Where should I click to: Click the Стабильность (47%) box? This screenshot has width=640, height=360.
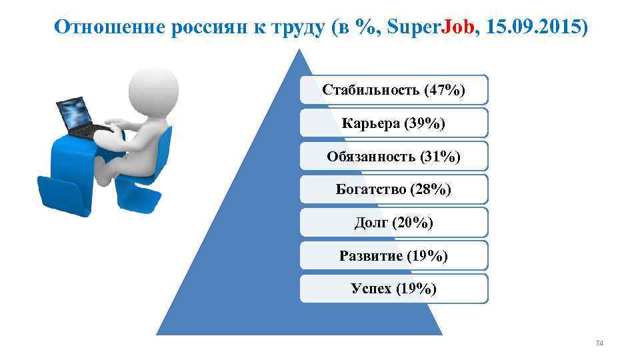[x=393, y=89]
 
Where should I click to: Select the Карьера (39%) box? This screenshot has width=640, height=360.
[x=393, y=123]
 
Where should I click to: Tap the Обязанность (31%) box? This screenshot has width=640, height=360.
[x=393, y=156]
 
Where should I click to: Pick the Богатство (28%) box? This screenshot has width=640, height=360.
[x=393, y=189]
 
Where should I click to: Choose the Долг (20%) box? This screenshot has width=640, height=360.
[x=393, y=223]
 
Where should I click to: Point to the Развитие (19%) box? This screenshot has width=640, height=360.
[x=393, y=255]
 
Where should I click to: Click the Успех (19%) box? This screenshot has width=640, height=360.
[x=393, y=288]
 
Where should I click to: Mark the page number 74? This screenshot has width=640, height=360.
[x=599, y=343]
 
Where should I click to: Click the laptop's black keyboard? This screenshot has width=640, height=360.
[x=93, y=129]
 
